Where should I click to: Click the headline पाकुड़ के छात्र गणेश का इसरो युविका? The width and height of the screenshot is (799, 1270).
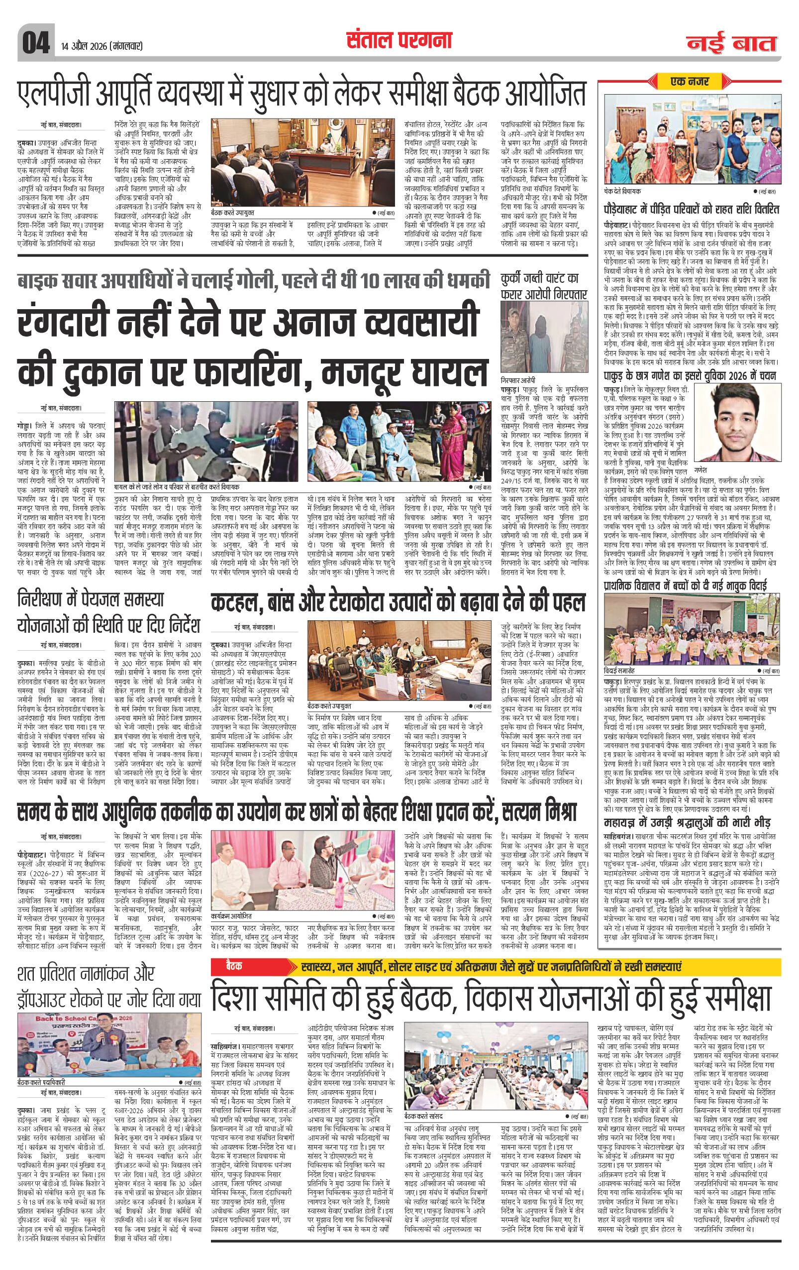(690, 376)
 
